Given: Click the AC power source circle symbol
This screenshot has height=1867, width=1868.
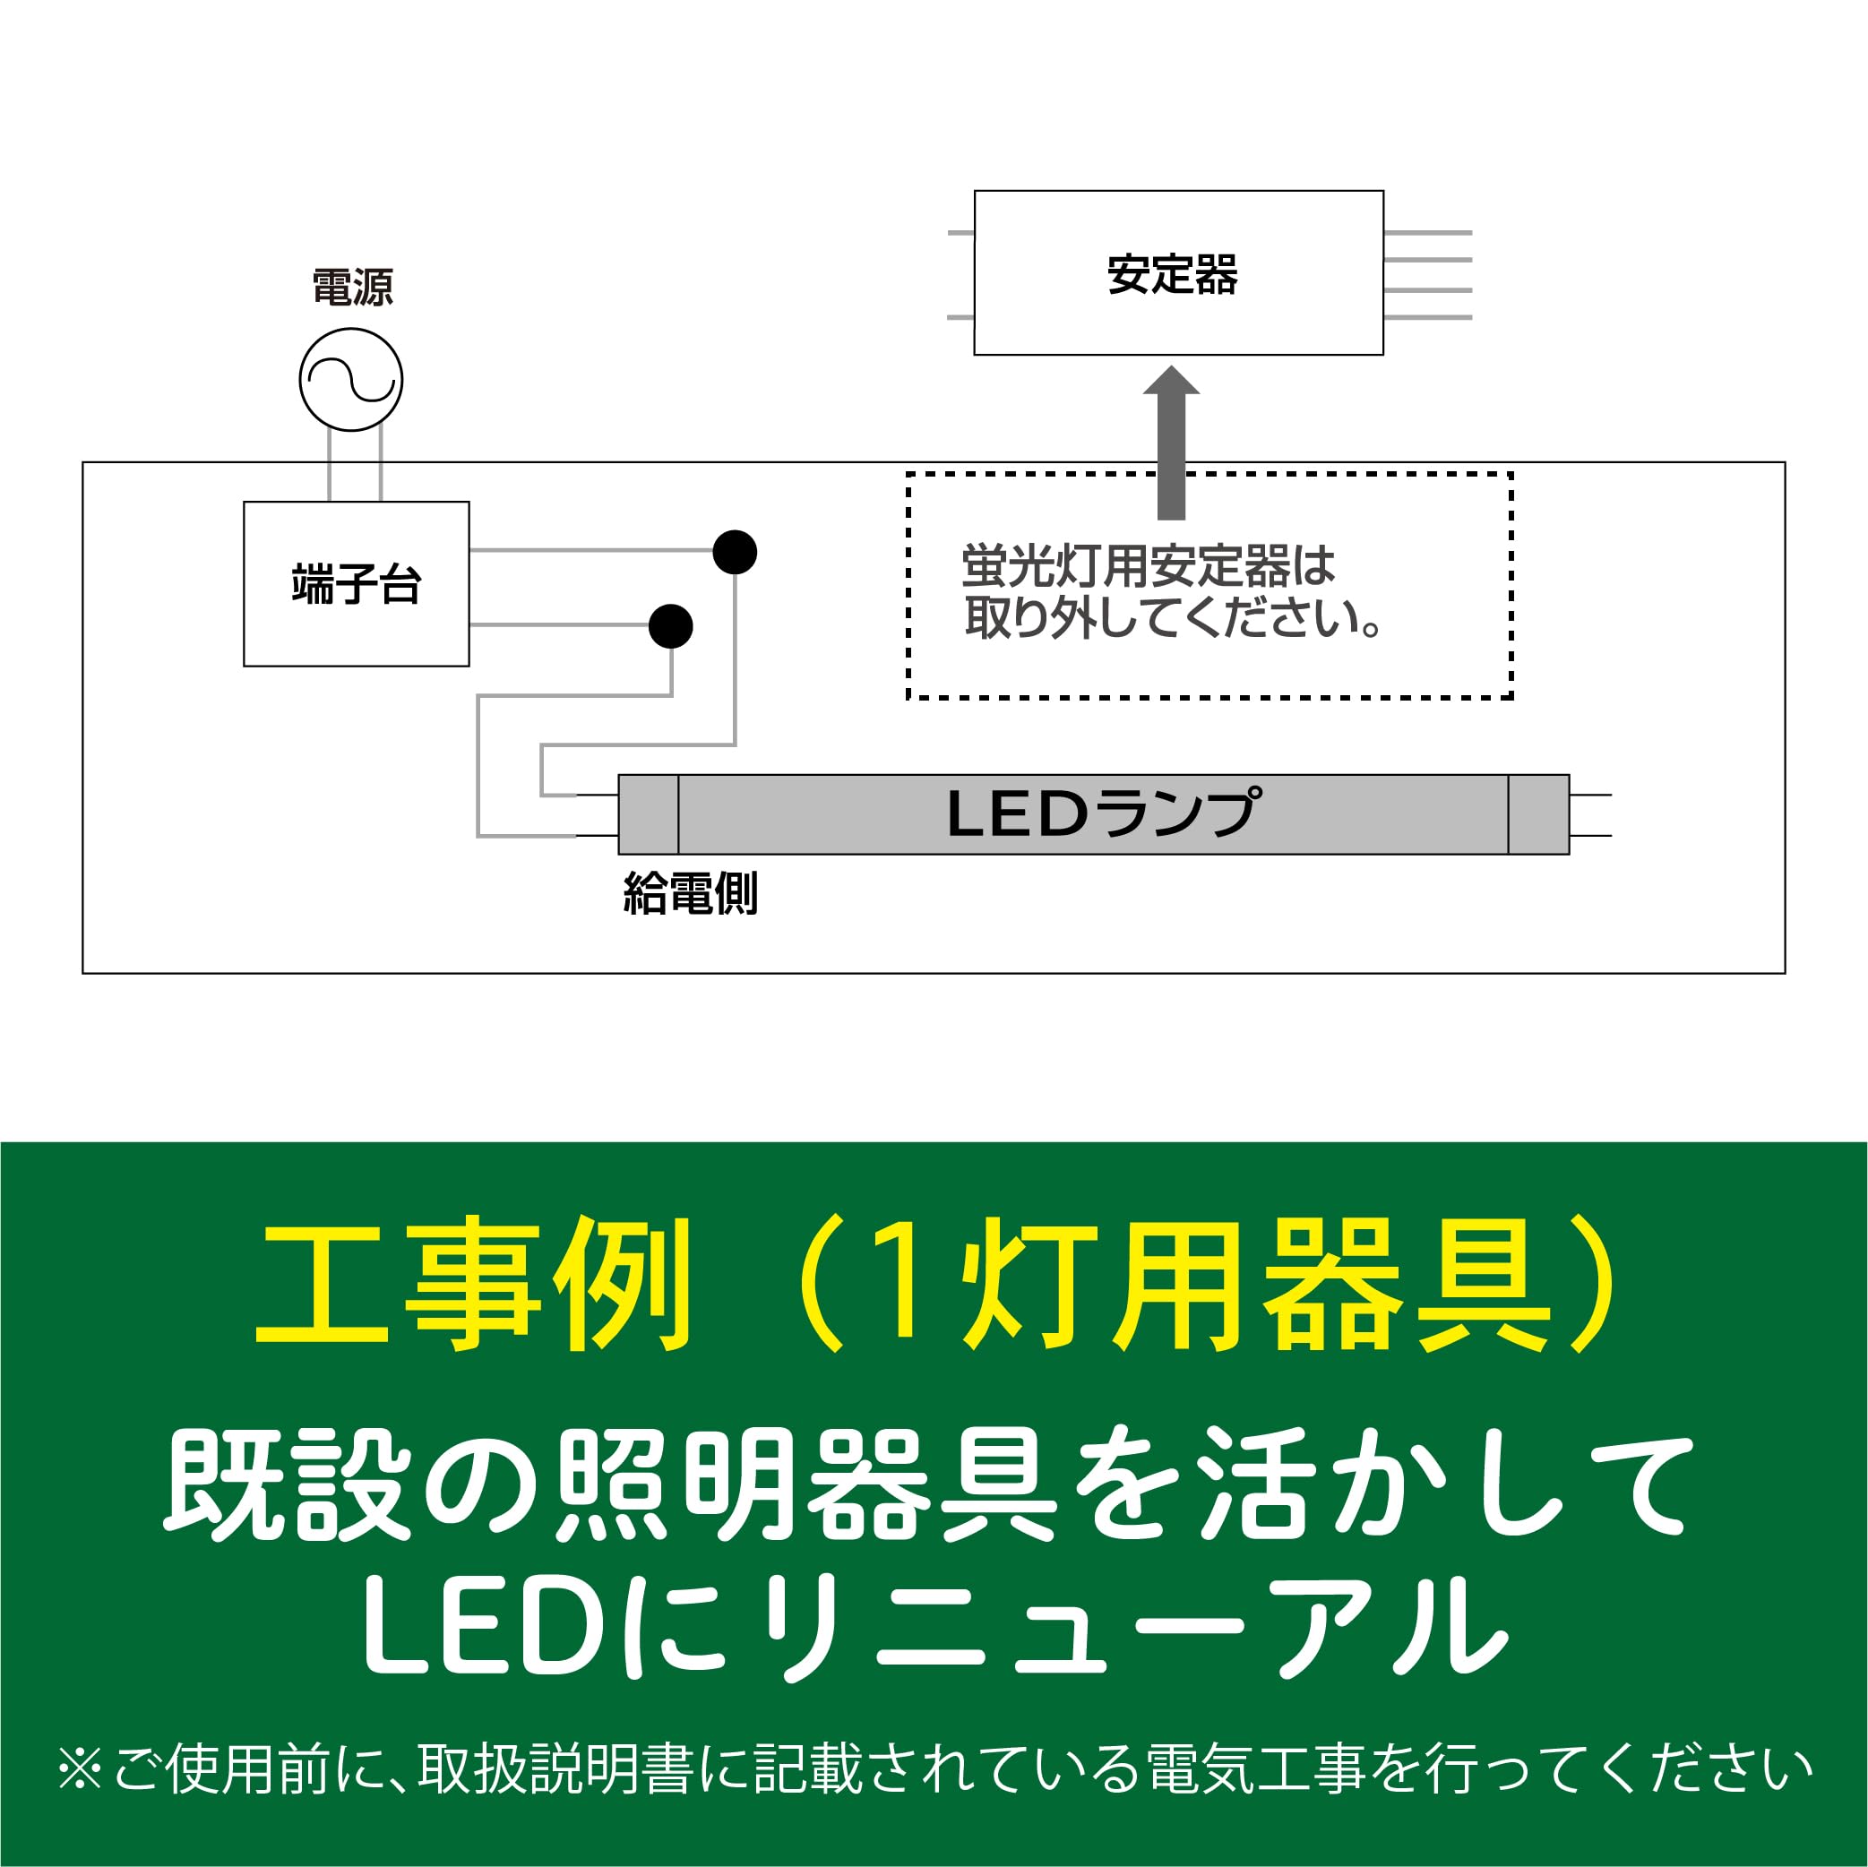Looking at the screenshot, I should pos(350,379).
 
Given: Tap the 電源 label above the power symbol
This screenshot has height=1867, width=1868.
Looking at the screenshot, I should pos(352,288).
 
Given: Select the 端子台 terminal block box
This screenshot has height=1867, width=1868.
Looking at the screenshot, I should pos(356,584).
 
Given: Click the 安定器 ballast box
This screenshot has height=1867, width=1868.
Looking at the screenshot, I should pos(1177,272).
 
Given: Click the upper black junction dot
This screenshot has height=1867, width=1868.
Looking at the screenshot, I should pos(734,552).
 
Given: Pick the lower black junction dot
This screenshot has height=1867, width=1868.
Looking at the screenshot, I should pos(670,626).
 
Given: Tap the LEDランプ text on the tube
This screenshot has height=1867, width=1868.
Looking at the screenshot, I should pos(1103,813).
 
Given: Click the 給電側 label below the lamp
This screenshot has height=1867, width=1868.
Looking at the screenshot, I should pos(691,892).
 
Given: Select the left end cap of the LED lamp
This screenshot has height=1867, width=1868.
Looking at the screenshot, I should pos(648,814).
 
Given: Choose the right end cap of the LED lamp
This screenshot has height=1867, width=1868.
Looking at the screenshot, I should pos(1537,814).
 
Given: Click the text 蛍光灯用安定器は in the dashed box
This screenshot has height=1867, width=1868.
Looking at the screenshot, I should pos(1148,566).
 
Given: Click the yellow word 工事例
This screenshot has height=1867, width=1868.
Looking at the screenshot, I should pos(474,1285).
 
